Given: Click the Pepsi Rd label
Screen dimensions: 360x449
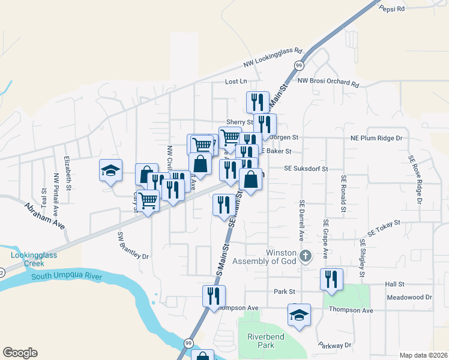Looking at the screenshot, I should [393, 8].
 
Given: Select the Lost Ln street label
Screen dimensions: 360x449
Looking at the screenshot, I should [236, 81].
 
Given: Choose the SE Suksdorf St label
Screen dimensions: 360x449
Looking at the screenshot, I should [306, 169].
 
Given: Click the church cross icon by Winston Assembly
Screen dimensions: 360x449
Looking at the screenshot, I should [306, 256].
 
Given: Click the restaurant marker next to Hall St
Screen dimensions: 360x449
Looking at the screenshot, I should [331, 279].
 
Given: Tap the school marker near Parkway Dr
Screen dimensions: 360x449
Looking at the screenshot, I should [299, 315].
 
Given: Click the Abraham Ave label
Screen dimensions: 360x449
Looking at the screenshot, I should [44, 215].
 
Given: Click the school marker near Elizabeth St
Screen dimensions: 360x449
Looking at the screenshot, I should [111, 170].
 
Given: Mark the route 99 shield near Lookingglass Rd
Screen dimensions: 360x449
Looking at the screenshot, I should [298, 65].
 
